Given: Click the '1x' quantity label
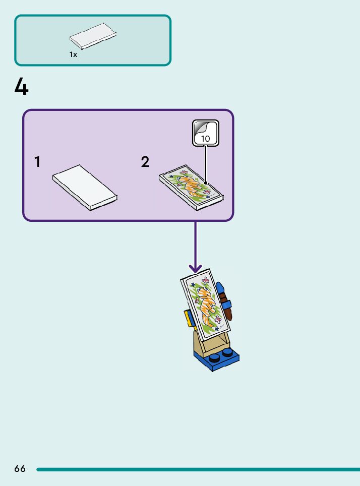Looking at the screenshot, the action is click(x=74, y=55).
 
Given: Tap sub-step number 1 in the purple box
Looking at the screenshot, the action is click(x=37, y=162).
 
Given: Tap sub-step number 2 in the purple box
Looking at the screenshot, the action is click(x=145, y=162).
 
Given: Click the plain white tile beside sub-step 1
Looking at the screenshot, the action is click(x=85, y=187).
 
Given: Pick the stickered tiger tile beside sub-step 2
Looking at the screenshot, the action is click(x=192, y=187).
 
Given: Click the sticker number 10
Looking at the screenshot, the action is click(x=206, y=138).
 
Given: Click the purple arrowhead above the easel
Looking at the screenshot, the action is click(x=195, y=269).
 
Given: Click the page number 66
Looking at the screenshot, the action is click(x=20, y=469).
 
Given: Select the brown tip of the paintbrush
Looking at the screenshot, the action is click(x=228, y=313).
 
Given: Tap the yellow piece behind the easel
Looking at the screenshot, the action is click(x=189, y=318).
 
